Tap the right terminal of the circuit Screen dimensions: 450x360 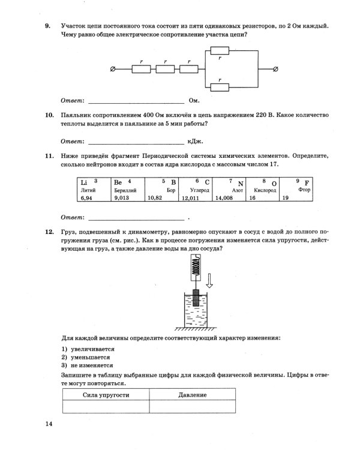click(x=275, y=70)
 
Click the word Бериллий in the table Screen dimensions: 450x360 click(x=125, y=190)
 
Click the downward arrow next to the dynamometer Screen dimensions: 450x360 click(x=209, y=280)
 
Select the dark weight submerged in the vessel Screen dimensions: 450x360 click(x=195, y=299)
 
